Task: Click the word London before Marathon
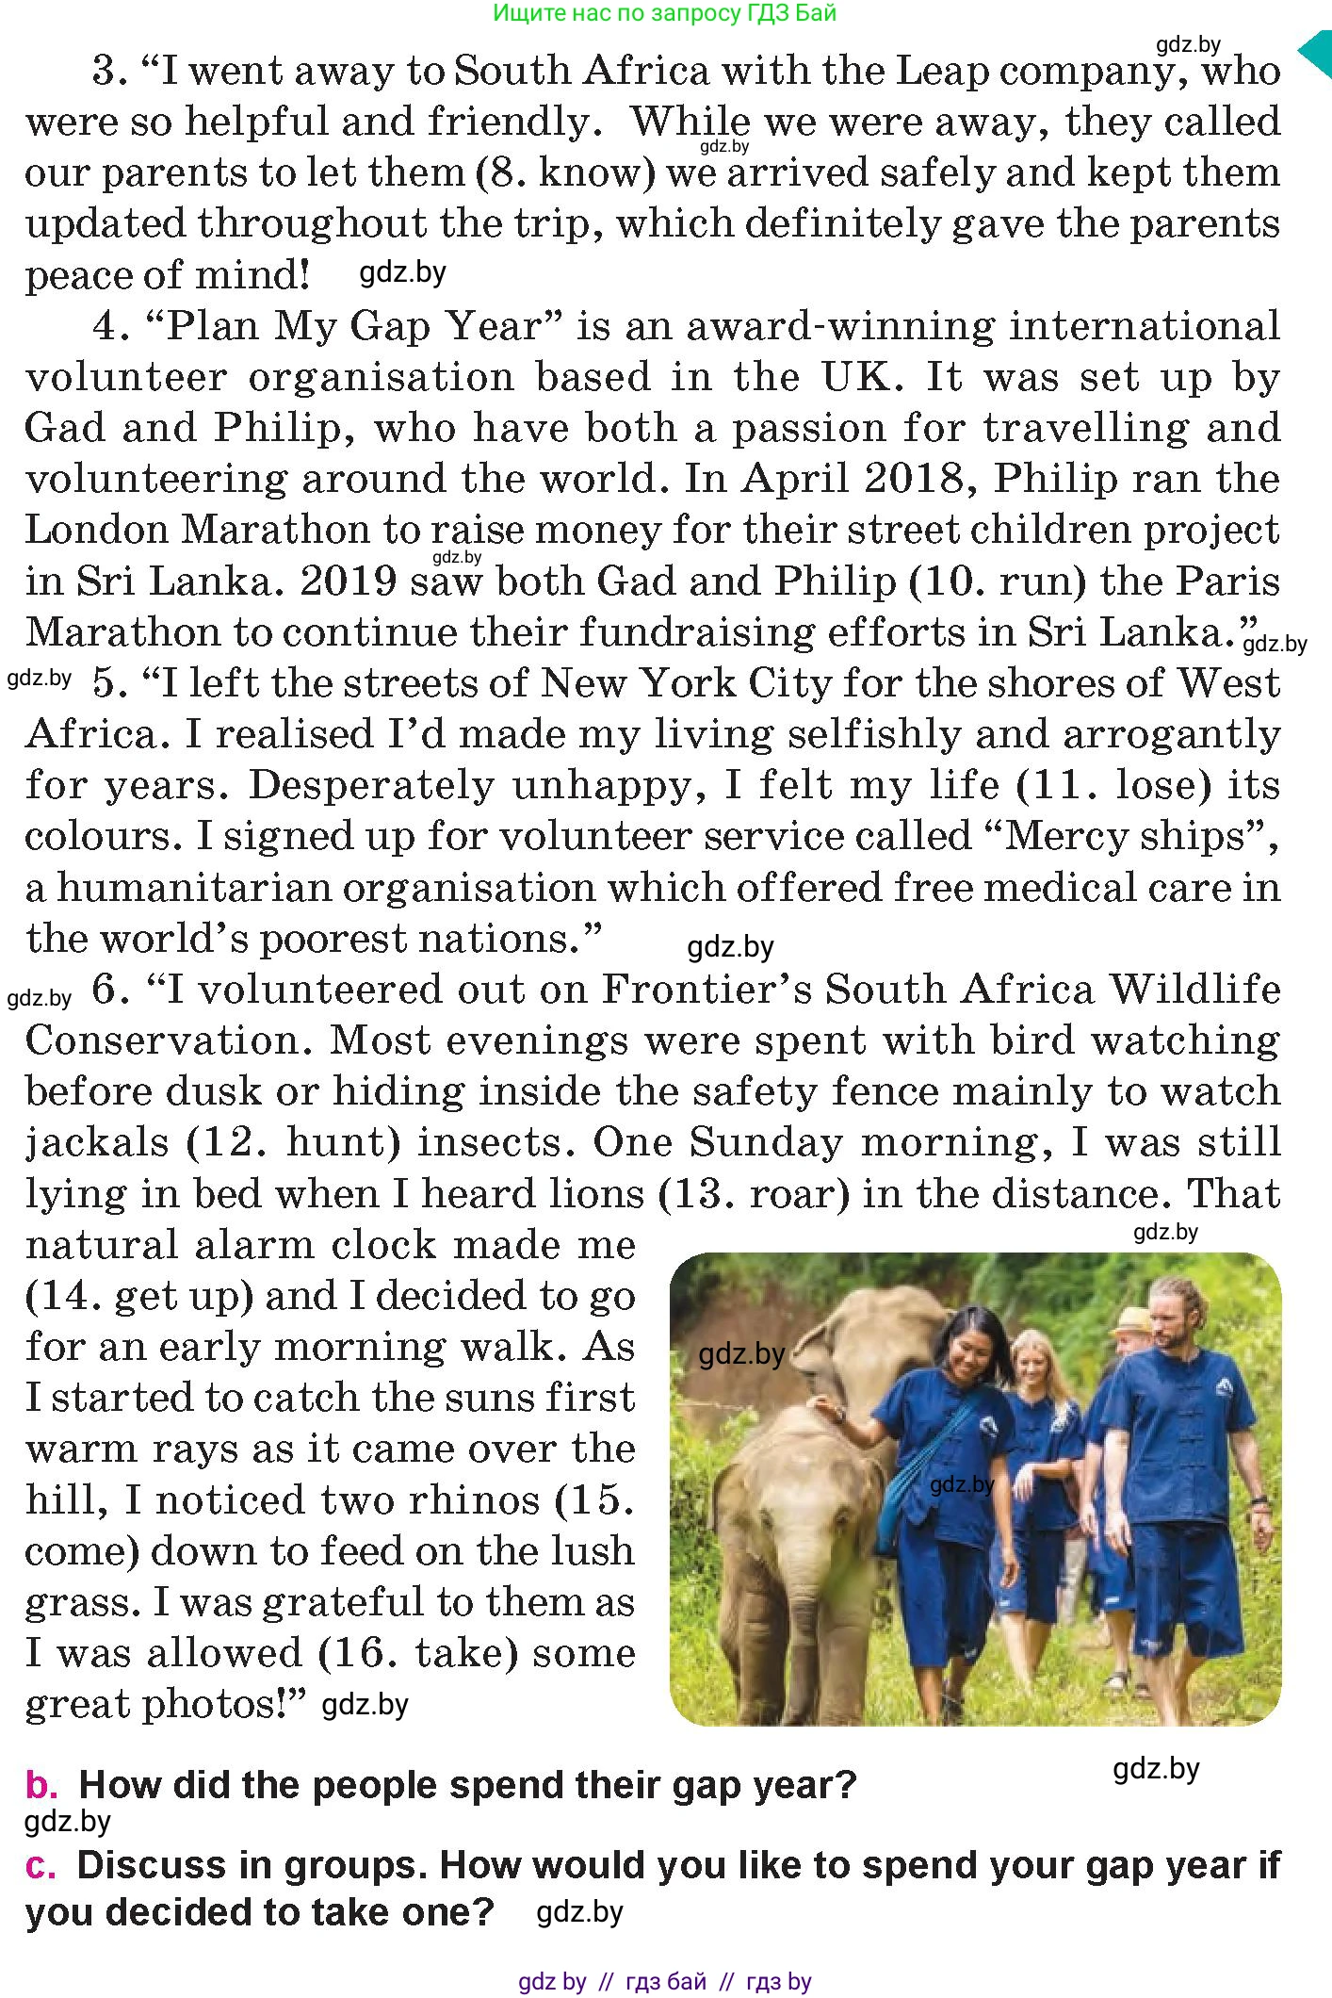point(95,530)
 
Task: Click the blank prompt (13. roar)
point(755,1194)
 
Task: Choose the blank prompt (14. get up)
point(139,1296)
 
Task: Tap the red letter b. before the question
point(41,1785)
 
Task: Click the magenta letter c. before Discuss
point(41,1865)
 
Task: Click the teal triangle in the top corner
point(1316,54)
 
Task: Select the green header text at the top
point(664,13)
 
